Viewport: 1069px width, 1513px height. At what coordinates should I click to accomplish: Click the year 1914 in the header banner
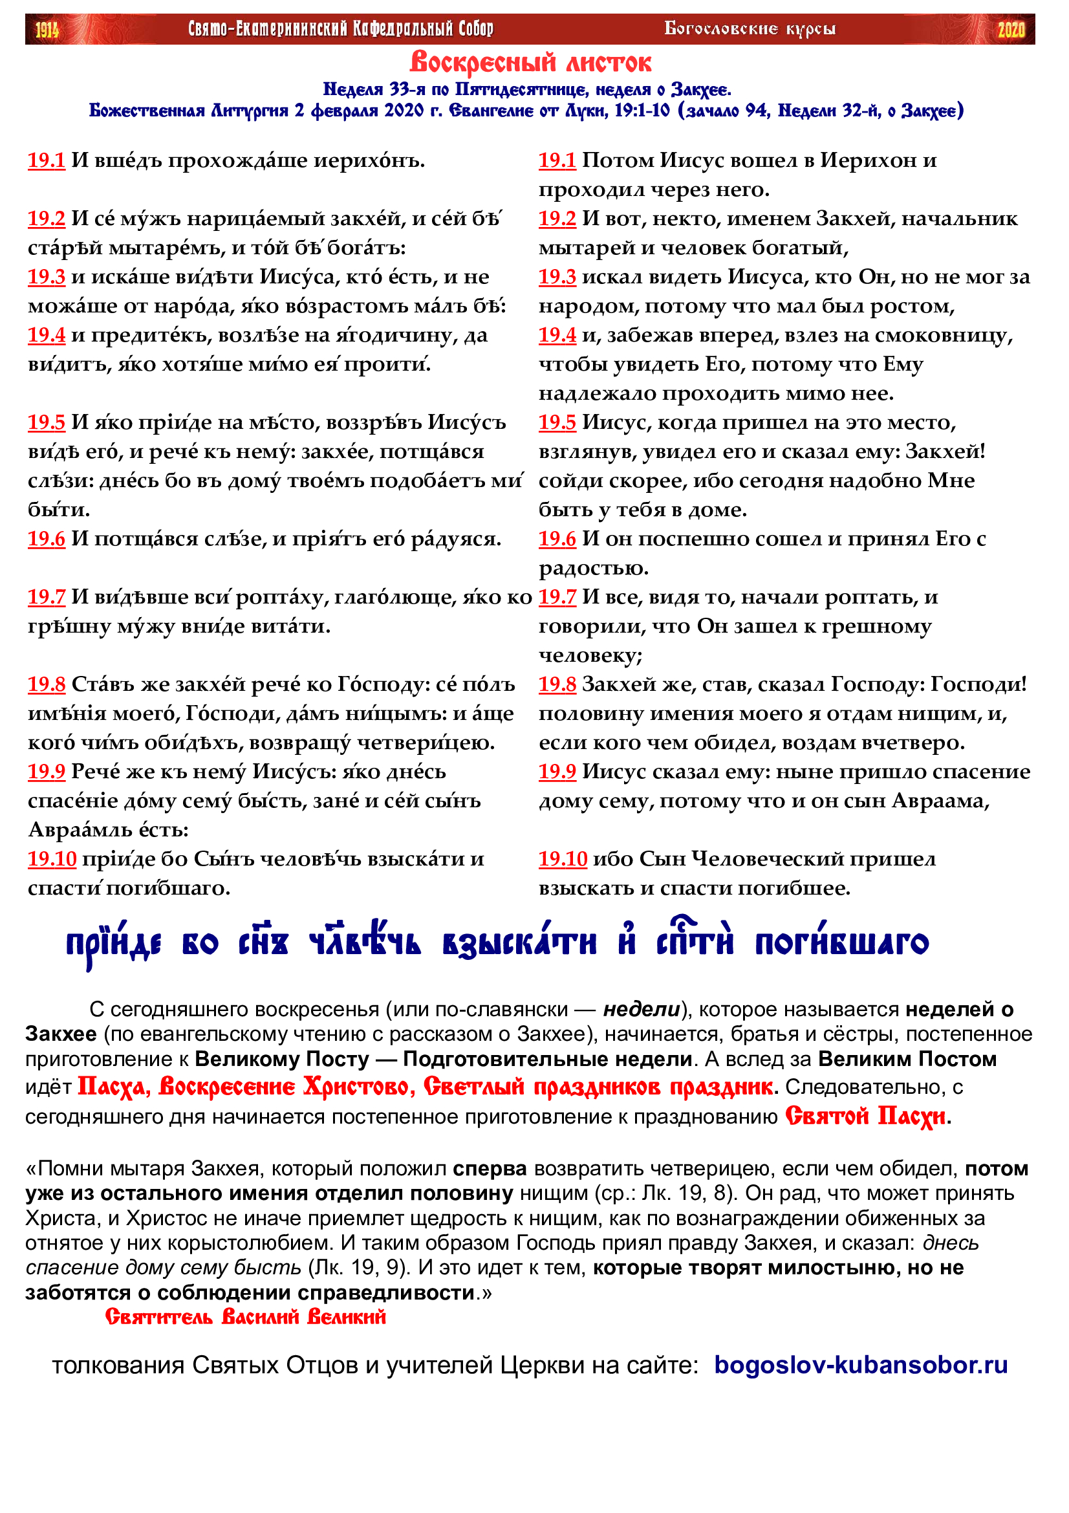[47, 30]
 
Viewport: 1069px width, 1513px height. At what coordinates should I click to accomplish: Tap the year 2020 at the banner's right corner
[1011, 30]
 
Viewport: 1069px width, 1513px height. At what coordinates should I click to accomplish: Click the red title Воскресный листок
[531, 63]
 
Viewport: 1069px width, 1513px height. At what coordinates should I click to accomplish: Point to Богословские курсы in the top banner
[750, 28]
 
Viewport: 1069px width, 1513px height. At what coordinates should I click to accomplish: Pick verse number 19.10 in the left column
[52, 858]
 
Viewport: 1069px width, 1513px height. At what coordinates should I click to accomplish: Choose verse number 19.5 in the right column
[557, 422]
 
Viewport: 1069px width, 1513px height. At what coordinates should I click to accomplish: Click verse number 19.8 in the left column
[46, 684]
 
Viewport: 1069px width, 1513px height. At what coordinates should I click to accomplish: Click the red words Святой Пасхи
[865, 1116]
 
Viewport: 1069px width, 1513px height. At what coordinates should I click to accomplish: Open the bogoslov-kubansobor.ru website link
[861, 1365]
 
